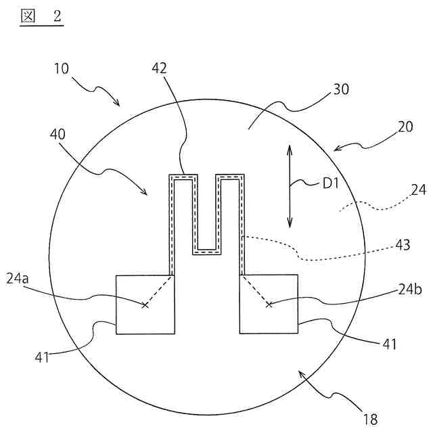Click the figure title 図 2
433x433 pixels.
point(41,17)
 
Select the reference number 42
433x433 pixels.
point(160,68)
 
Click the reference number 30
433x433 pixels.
point(341,91)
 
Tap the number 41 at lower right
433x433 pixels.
point(388,344)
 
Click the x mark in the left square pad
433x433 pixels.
point(144,305)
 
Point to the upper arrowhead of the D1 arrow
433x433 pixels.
point(290,147)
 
